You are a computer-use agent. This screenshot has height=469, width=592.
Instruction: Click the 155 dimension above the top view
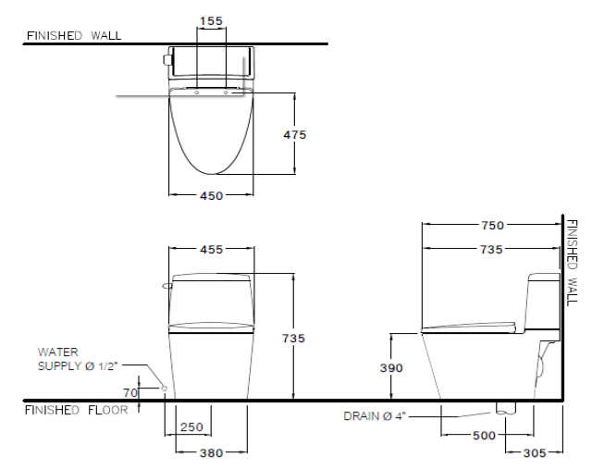[x=211, y=21]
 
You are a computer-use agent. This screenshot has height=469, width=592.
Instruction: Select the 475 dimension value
[x=295, y=135]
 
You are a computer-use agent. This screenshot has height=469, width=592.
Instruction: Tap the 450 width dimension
[x=212, y=195]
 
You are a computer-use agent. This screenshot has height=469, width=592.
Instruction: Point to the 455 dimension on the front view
[x=212, y=249]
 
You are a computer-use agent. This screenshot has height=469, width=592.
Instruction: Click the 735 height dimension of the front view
[x=294, y=339]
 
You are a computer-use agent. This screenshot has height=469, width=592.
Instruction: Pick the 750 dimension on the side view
[x=493, y=226]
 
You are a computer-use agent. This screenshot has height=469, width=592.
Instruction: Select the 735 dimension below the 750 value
[x=491, y=249]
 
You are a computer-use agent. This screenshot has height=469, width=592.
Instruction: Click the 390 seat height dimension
[x=391, y=368]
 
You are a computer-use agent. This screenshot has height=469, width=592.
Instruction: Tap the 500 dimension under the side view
[x=484, y=436]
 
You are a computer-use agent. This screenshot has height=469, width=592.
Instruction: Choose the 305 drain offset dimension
[x=535, y=452]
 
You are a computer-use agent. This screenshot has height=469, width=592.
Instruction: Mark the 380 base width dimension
[x=212, y=452]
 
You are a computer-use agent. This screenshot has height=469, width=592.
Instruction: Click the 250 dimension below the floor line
[x=191, y=427]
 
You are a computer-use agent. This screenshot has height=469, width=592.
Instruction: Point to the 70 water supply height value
[x=130, y=393]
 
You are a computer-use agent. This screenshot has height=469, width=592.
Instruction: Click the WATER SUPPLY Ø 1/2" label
[x=78, y=359]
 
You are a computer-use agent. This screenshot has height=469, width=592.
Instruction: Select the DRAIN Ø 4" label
[x=375, y=416]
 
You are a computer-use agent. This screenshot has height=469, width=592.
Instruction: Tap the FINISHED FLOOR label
[x=76, y=410]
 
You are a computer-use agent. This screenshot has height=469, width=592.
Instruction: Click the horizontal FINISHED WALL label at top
[x=74, y=35]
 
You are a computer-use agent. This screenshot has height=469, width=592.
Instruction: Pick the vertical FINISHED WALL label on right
[x=573, y=263]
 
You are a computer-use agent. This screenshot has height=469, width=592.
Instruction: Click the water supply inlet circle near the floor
[x=165, y=389]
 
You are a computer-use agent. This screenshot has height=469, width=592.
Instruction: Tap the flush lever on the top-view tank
[x=166, y=59]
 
